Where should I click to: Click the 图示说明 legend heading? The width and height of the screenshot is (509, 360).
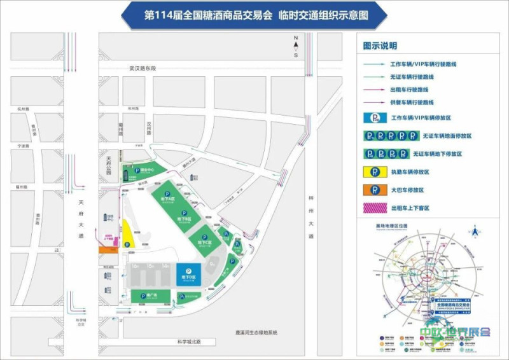click(380, 46)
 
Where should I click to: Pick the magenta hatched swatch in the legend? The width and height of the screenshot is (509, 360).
click(376, 207)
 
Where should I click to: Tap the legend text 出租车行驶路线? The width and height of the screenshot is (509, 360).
click(412, 90)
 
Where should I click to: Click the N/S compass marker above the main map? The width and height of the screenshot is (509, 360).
click(296, 48)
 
